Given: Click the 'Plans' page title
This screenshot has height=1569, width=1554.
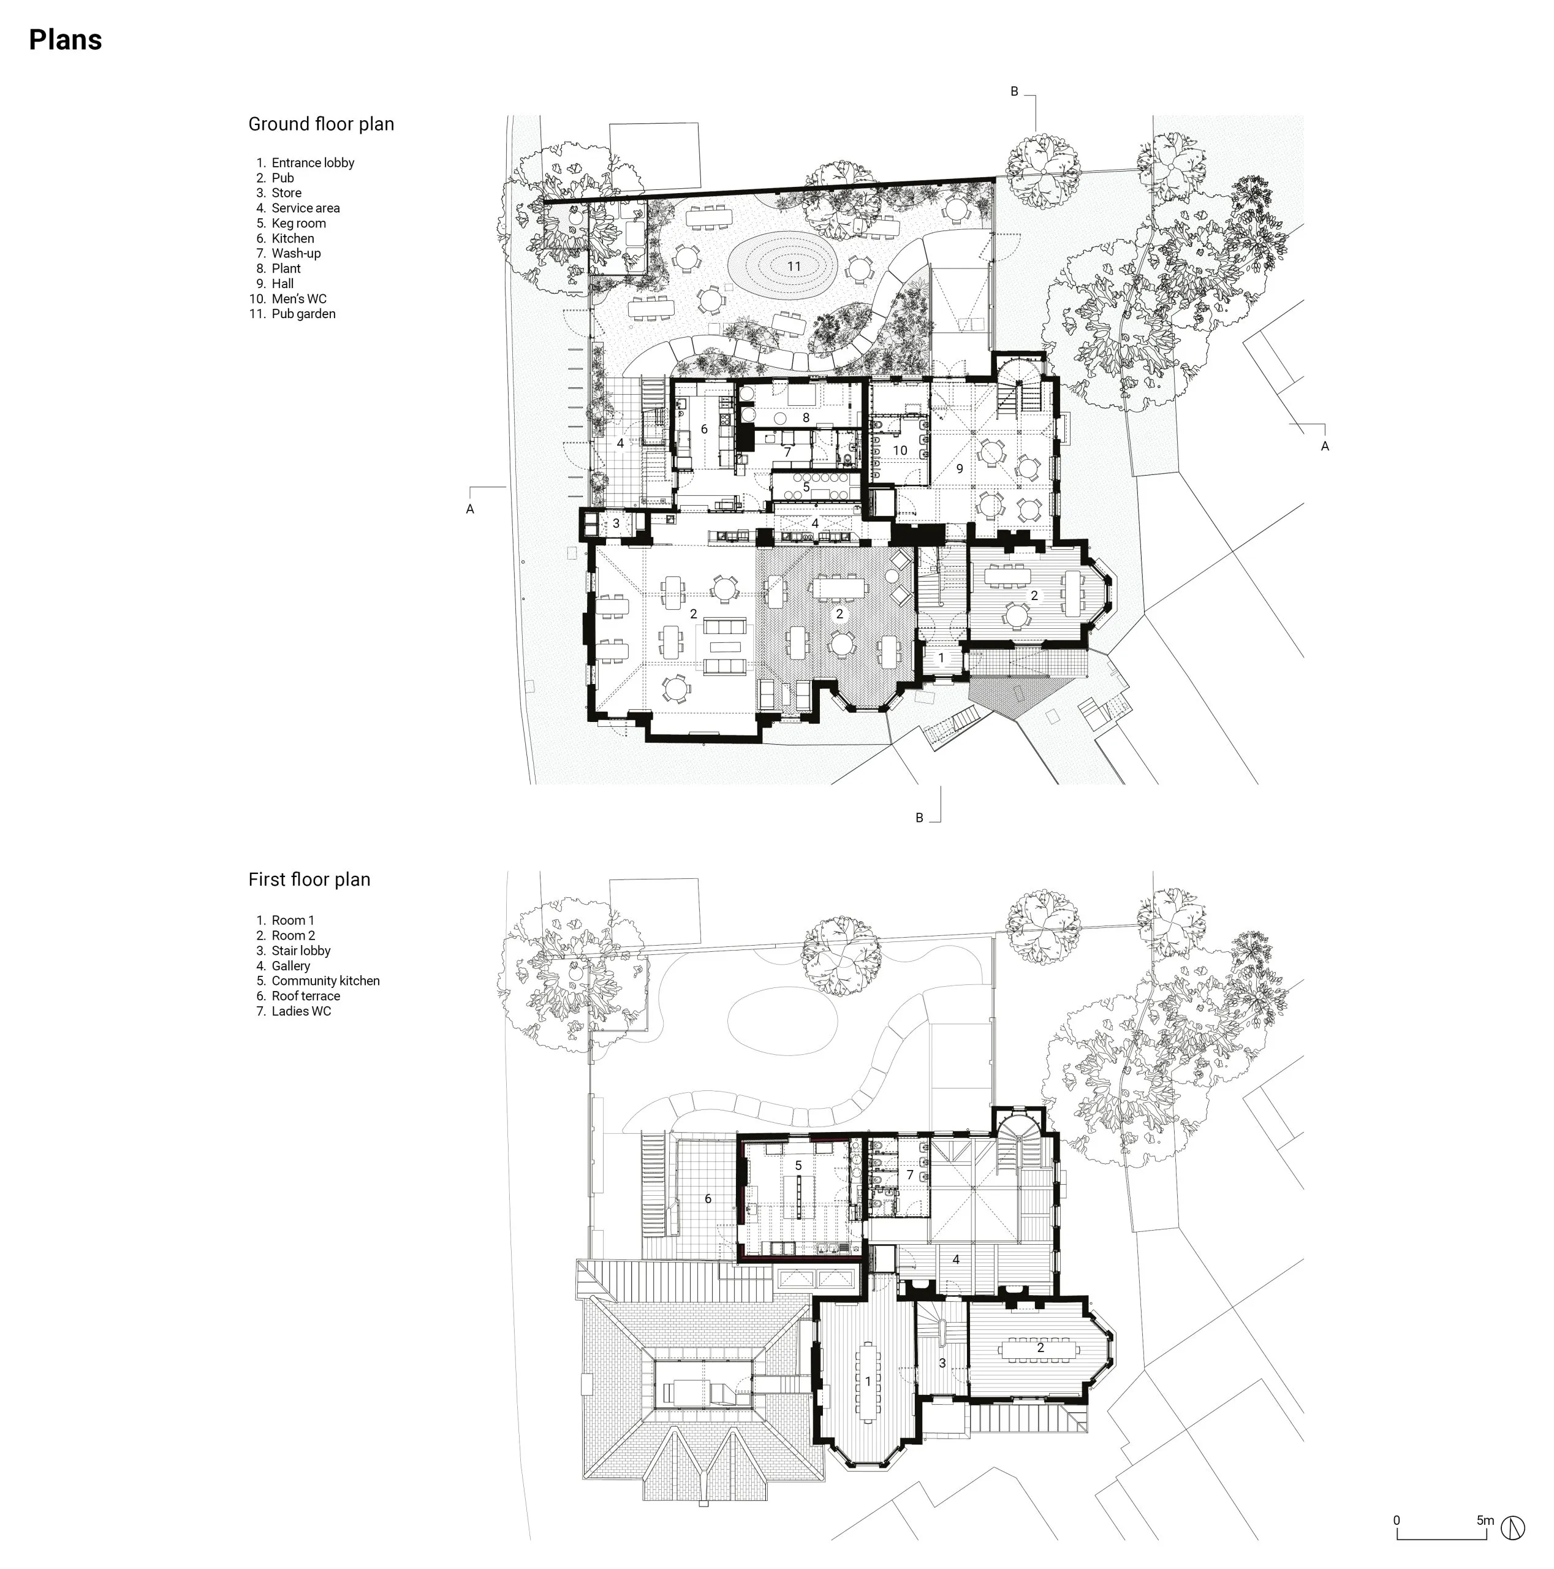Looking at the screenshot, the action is tap(65, 40).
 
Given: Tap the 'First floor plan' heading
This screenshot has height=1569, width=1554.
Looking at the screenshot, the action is tap(309, 879).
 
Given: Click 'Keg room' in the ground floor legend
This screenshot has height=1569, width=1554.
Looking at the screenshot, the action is tap(299, 223).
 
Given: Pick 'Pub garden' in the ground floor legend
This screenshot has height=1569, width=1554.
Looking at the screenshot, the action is tap(304, 313).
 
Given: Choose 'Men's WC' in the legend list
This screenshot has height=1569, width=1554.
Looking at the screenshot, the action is tap(299, 299).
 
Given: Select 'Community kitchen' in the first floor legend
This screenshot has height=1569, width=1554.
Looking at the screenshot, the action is tap(325, 981).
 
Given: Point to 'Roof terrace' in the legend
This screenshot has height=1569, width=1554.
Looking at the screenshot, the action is tap(306, 996).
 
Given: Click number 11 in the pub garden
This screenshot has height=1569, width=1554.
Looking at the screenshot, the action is tap(794, 267).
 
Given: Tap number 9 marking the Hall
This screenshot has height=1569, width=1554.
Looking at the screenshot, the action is tap(960, 469).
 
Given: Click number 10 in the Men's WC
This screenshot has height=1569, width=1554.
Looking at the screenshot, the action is tap(900, 450).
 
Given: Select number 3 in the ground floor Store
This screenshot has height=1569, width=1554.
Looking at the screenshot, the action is tap(616, 524).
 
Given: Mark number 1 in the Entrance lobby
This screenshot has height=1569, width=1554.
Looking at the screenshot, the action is tap(942, 658).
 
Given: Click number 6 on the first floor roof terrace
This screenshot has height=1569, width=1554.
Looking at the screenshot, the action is tap(708, 1199).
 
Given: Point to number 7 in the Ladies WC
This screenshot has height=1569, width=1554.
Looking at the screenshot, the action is tap(910, 1175).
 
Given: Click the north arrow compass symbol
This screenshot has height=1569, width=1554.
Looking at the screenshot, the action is tap(1512, 1527).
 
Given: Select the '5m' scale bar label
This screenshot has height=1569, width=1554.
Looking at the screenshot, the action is tap(1485, 1520).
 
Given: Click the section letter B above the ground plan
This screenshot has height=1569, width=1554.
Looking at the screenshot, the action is tap(1014, 92).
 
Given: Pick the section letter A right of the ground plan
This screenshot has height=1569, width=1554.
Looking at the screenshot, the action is tap(1325, 446).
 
